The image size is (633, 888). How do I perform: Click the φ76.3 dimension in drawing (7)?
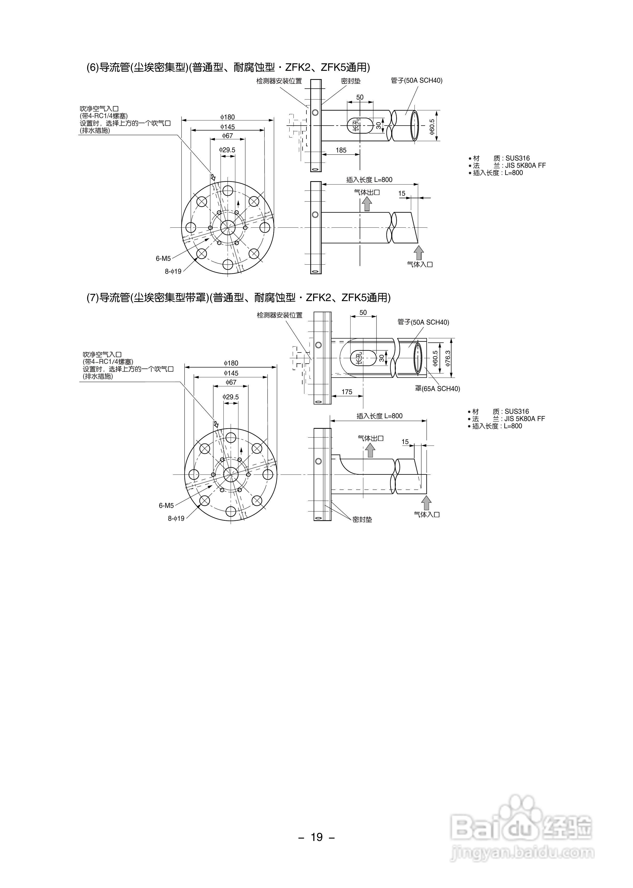[x=448, y=358]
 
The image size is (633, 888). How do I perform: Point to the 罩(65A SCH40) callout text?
[x=437, y=389]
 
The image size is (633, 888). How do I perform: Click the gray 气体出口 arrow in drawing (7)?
[x=370, y=450]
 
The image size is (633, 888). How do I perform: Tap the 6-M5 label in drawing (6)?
[x=163, y=258]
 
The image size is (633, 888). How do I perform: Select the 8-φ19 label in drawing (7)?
[x=176, y=518]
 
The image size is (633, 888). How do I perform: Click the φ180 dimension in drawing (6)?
[x=228, y=117]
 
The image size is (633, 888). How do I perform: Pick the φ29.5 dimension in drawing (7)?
[x=230, y=397]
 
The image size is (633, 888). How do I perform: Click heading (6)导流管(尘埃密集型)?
[x=228, y=67]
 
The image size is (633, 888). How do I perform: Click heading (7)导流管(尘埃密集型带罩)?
[x=238, y=297]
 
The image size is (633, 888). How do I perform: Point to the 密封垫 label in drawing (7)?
[x=362, y=519]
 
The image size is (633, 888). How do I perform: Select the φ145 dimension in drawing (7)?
[x=231, y=373]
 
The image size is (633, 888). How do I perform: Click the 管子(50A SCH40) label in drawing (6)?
[x=416, y=81]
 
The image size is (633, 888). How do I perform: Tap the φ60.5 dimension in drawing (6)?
[x=432, y=127]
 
